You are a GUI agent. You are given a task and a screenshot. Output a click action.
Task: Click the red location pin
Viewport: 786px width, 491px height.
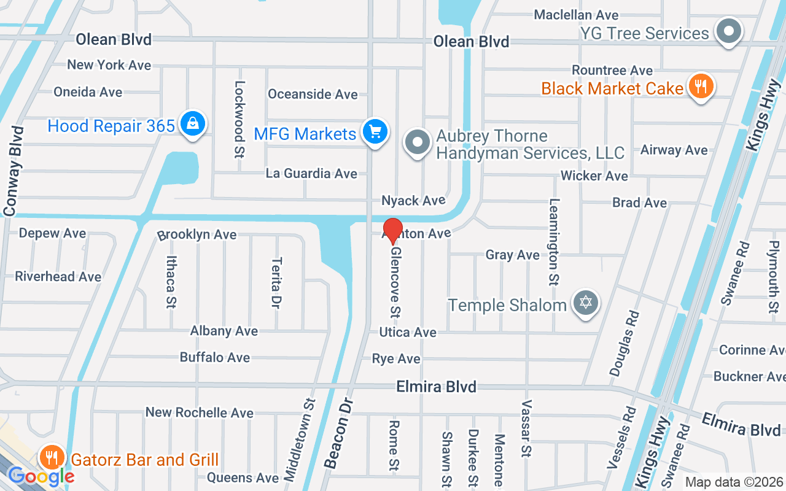392,230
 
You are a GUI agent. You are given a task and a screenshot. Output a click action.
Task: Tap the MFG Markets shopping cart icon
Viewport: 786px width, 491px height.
375,131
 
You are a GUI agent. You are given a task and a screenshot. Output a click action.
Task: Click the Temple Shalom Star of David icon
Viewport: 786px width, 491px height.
586,303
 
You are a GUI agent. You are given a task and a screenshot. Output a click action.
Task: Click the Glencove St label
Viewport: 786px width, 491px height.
395,282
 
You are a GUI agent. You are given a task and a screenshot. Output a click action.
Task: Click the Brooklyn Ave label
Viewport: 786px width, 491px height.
196,235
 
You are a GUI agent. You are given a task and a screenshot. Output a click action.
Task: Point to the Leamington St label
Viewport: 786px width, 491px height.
554,242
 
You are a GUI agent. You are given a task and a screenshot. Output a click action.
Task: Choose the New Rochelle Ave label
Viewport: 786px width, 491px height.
199,412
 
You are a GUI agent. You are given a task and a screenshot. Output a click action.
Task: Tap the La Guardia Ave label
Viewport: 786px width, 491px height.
311,174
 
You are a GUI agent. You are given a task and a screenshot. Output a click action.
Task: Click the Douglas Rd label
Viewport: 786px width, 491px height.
625,343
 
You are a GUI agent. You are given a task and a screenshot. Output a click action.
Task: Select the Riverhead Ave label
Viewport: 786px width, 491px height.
58,277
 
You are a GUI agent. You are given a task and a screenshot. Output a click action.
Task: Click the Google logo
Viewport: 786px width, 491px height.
41,476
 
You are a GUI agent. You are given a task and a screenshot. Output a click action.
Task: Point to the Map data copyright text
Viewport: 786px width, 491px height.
734,482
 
